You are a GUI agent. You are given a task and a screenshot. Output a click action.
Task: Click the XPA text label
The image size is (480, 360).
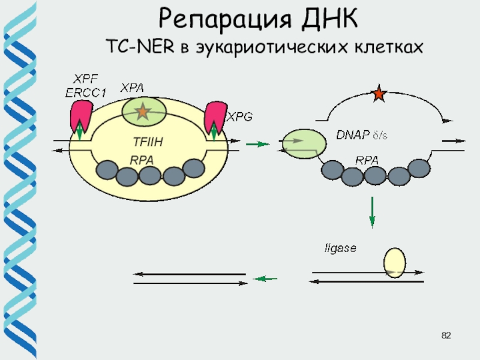click(x=133, y=88)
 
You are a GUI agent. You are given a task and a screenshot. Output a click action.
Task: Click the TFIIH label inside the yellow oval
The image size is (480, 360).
click(x=148, y=142)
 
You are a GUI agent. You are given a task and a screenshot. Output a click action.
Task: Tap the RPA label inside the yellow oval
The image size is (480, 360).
click(x=142, y=160)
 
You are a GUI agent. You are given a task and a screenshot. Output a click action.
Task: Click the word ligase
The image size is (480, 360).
click(x=340, y=247)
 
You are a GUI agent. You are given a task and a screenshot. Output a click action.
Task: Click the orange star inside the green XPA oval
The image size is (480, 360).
click(x=142, y=111)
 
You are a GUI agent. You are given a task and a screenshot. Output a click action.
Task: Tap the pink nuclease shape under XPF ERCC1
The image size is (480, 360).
click(x=81, y=116)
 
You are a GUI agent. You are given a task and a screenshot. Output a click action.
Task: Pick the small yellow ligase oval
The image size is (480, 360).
click(x=395, y=263)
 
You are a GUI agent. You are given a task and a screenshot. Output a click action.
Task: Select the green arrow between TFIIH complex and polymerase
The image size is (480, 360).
click(x=257, y=144)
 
